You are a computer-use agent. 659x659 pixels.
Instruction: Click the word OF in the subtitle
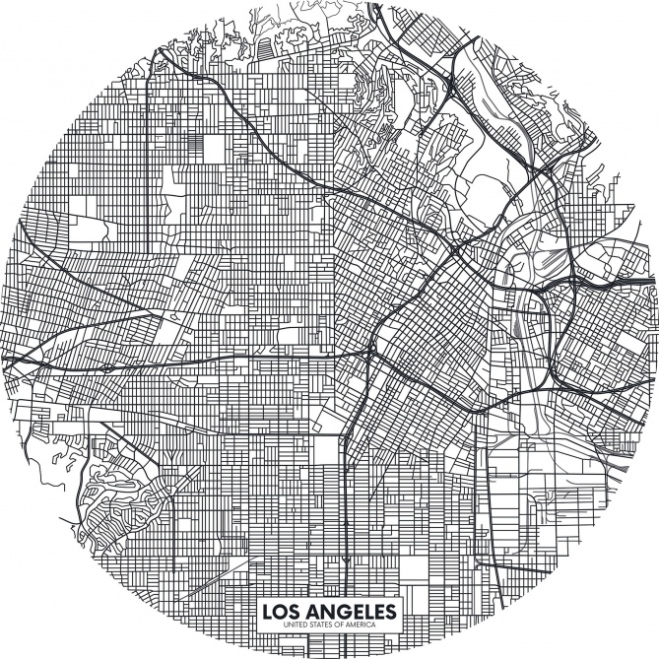(x=341, y=626)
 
